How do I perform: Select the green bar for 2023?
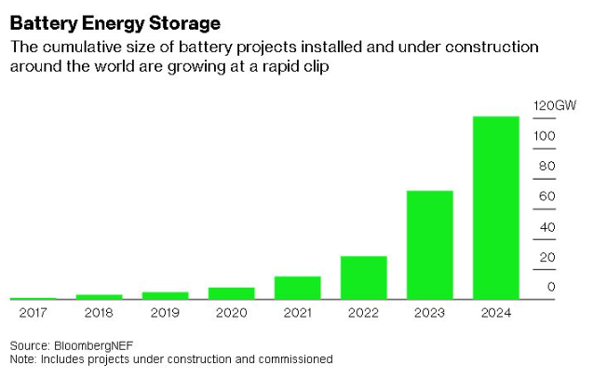tap(430, 245)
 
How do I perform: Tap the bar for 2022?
tap(364, 277)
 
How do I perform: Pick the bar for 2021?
tap(298, 288)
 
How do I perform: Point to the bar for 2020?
tap(231, 293)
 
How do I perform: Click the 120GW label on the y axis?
tap(555, 106)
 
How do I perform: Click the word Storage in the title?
tap(181, 20)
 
